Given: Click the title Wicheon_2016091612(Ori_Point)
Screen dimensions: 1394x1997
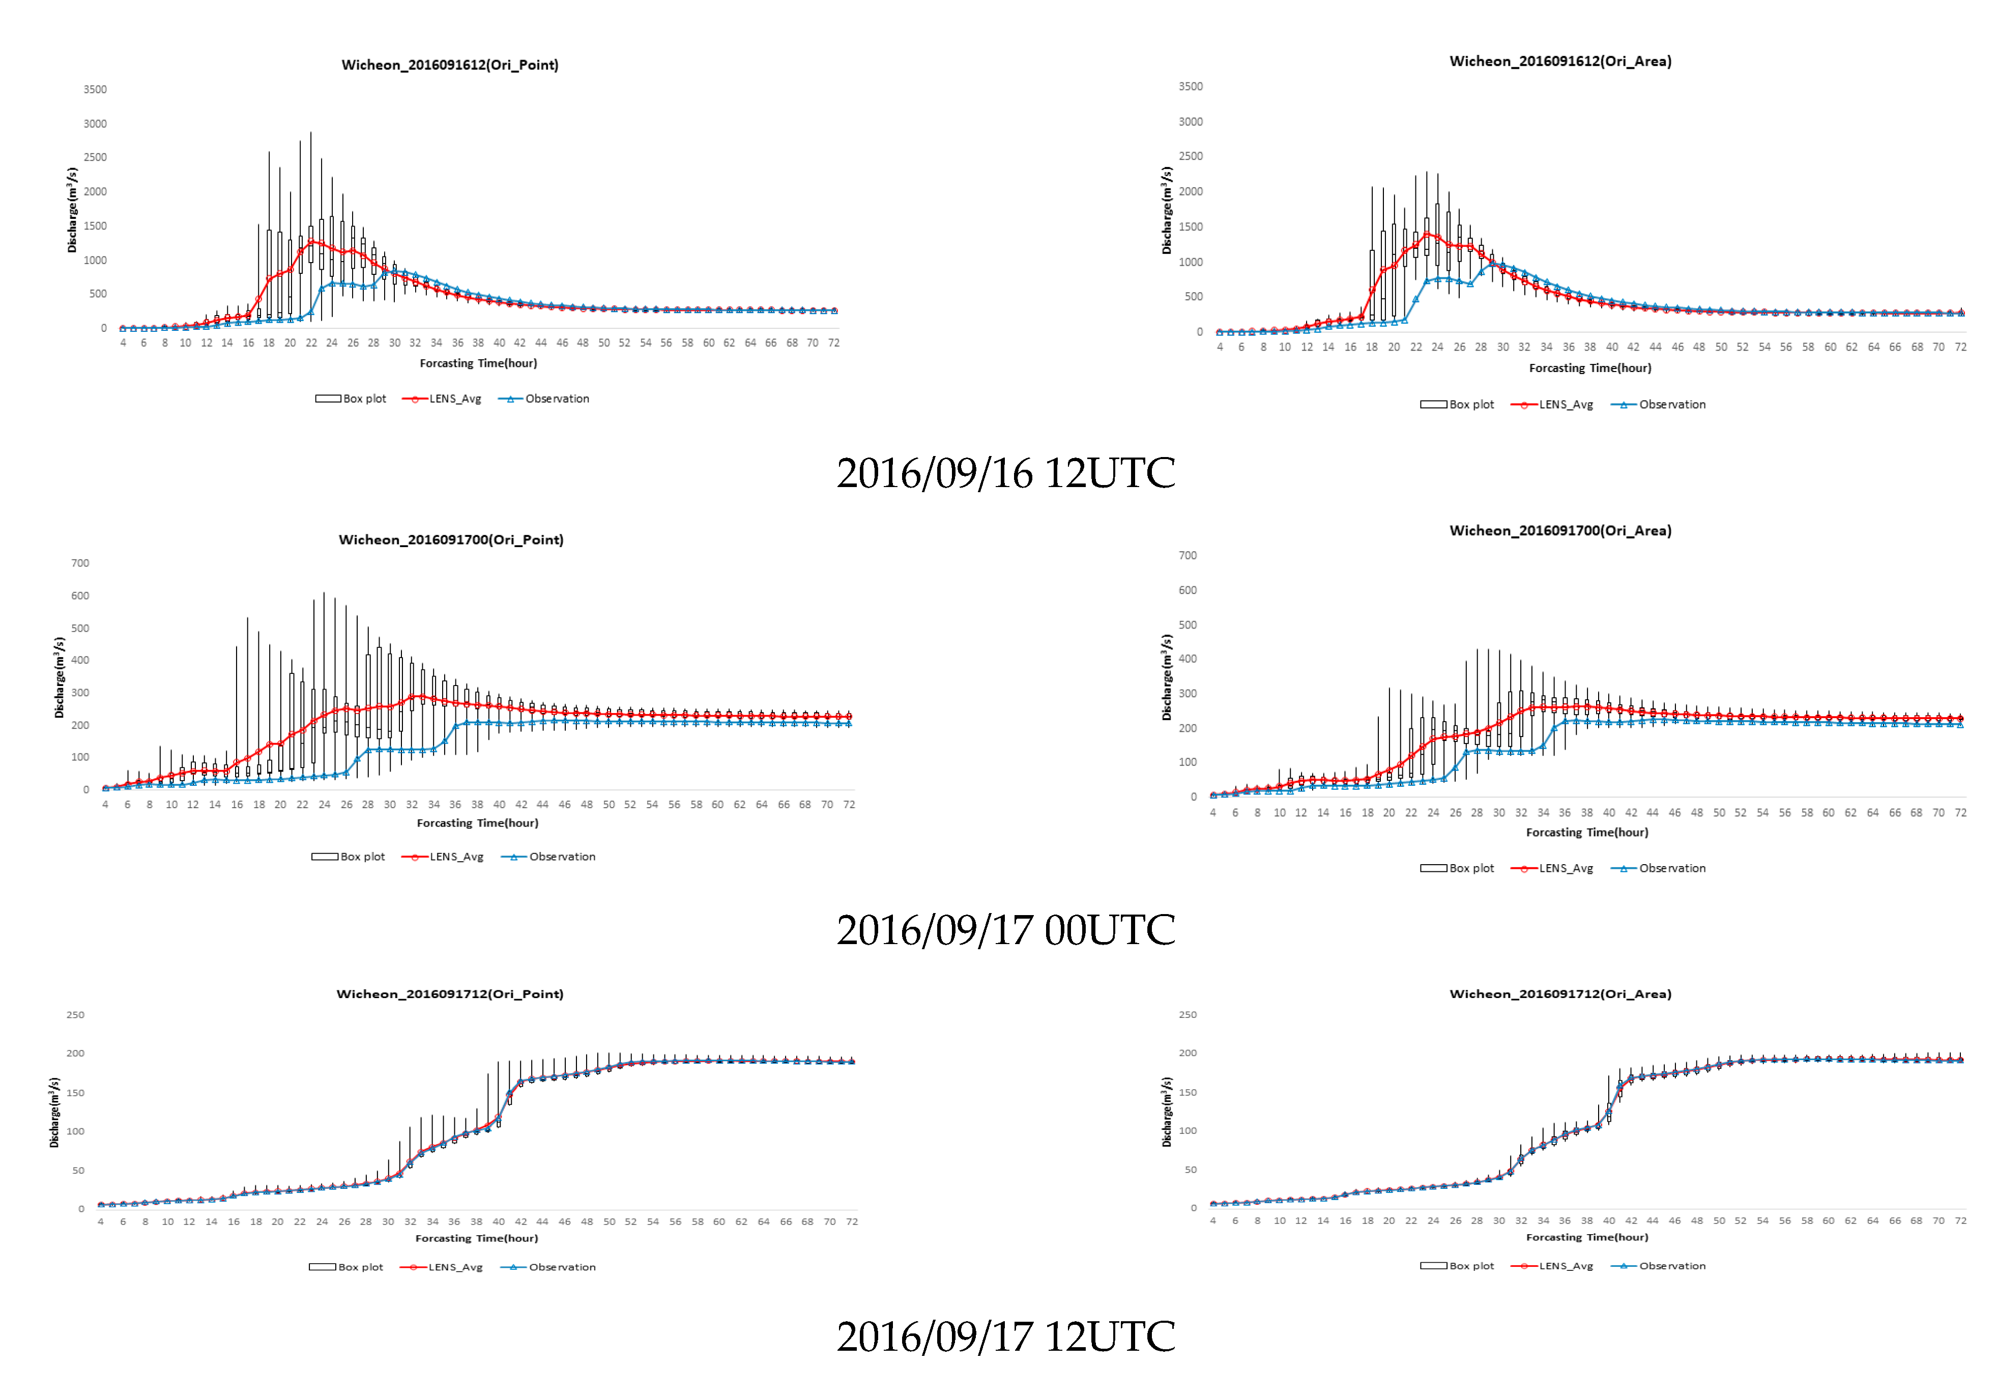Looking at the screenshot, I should [x=450, y=65].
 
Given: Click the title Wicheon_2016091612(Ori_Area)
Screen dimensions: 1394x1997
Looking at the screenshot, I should [x=1559, y=61].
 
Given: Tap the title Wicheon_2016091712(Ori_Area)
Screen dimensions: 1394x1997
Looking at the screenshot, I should [x=1559, y=994].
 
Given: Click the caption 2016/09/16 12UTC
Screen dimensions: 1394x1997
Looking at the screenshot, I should [x=1005, y=473].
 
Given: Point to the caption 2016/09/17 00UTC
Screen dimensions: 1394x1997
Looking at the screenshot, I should [x=1005, y=930].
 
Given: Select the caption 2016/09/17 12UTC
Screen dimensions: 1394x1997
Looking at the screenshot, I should [x=1005, y=1336].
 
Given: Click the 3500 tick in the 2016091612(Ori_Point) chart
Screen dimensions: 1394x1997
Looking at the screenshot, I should [x=95, y=90].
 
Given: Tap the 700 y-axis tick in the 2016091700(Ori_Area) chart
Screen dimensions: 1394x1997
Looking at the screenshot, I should [x=1187, y=555].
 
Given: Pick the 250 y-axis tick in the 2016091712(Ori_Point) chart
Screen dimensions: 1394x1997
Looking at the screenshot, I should [x=76, y=1015].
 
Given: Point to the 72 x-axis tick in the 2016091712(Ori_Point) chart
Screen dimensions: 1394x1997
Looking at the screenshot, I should [x=852, y=1221].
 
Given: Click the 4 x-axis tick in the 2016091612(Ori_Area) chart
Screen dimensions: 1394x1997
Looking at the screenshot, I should [x=1220, y=347].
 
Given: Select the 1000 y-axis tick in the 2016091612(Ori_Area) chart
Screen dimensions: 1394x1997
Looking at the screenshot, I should [x=1191, y=262].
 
